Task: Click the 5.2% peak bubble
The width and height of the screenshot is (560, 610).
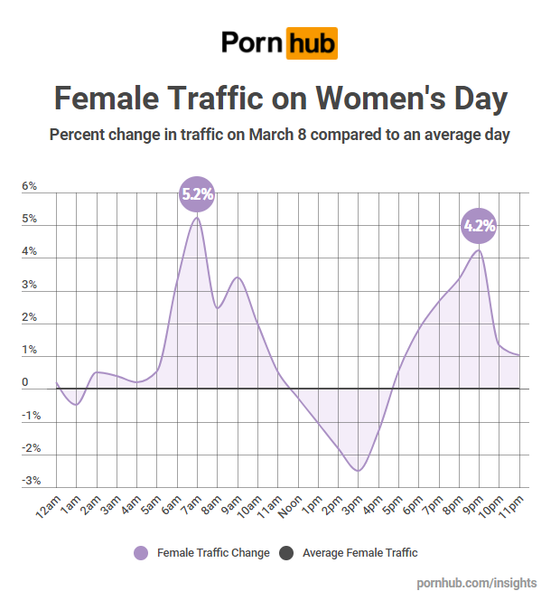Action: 197,193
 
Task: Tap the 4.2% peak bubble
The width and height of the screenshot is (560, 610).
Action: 479,226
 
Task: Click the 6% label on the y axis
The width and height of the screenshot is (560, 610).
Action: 30,186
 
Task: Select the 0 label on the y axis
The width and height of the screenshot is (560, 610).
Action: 25,382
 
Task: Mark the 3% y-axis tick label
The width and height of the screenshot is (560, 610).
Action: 30,285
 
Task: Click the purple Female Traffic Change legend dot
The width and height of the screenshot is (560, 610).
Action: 140,553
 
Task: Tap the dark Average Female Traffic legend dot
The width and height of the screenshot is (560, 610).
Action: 286,553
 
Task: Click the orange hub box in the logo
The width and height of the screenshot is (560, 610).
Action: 312,42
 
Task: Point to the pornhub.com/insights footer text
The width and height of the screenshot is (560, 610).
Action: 477,583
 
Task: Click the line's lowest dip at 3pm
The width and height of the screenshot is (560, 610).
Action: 358,470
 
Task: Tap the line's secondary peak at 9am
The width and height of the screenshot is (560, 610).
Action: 238,277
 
